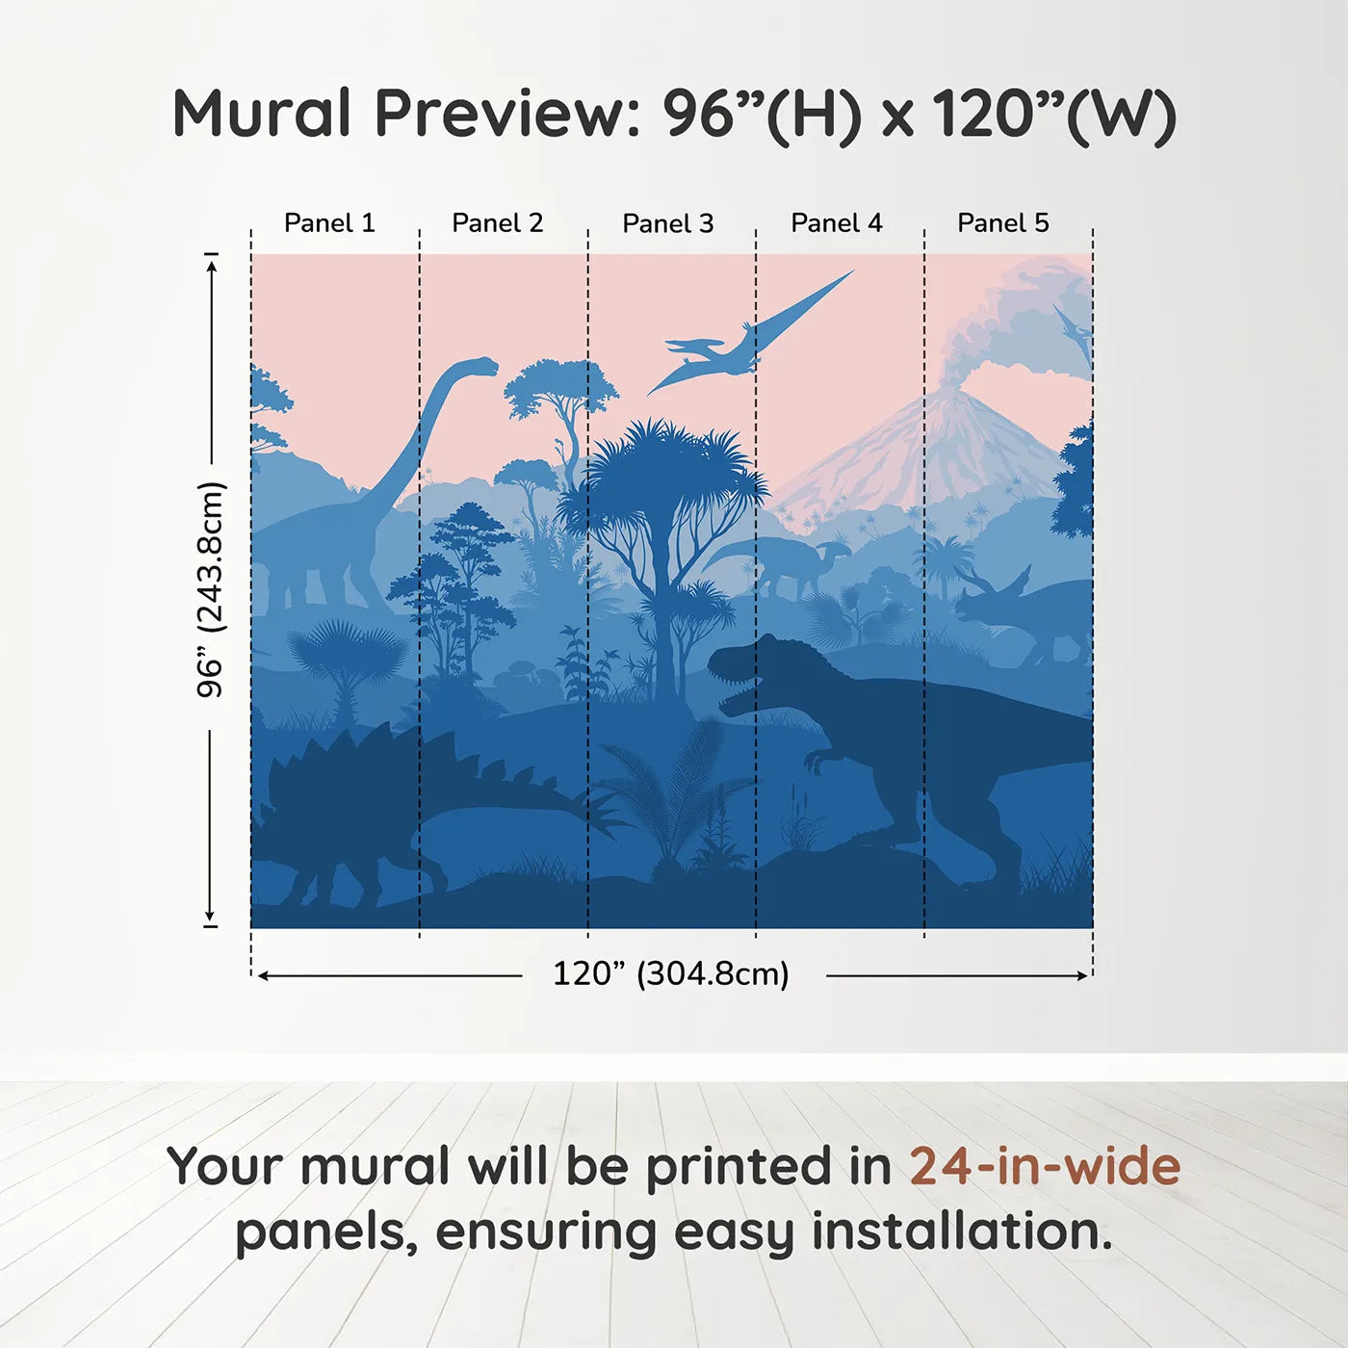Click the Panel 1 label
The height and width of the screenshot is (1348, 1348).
coord(329,223)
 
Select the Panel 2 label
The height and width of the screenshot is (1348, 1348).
coord(498,223)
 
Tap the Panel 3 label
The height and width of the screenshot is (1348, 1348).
coord(668,223)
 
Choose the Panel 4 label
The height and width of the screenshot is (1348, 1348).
coord(837,223)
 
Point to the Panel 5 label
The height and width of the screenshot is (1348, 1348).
coord(1003,223)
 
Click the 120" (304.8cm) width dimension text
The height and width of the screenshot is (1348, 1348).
coord(671,973)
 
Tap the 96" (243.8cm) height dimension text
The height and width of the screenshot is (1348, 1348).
coord(211,589)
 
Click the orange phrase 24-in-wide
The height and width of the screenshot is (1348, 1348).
coord(1045,1165)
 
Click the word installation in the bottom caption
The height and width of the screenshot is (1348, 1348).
coord(961,1231)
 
